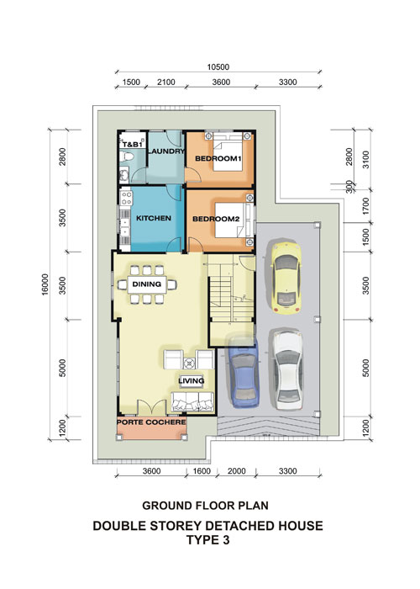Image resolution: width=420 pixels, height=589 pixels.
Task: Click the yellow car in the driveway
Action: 286,279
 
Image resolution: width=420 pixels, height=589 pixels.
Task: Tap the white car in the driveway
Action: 288,369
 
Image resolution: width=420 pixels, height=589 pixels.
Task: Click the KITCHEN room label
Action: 154,218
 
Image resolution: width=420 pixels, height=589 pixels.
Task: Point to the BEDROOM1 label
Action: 218,158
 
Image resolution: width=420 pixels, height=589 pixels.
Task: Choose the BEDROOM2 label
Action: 216,219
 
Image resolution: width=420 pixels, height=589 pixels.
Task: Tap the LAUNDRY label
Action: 166,151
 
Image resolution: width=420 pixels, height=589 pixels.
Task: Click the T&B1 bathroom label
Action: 132,144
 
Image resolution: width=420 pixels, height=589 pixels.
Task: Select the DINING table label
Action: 147,284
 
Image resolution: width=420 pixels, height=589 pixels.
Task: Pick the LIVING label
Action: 192,381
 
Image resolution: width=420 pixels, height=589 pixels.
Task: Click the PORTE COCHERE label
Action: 151,422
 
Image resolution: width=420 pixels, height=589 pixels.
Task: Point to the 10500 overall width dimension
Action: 218,67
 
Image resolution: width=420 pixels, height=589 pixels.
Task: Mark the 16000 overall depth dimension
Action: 45,284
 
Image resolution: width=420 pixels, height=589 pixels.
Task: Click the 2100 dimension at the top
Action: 165,82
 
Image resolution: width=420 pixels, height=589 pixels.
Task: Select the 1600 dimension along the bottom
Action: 202,471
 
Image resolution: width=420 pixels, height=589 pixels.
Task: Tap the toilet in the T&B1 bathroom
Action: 126,157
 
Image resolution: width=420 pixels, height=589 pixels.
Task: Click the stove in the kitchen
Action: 126,198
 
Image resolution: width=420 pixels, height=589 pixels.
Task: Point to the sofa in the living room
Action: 192,402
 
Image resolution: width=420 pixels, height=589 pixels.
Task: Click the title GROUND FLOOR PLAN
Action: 205,506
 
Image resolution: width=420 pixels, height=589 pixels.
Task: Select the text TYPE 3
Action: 208,540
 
